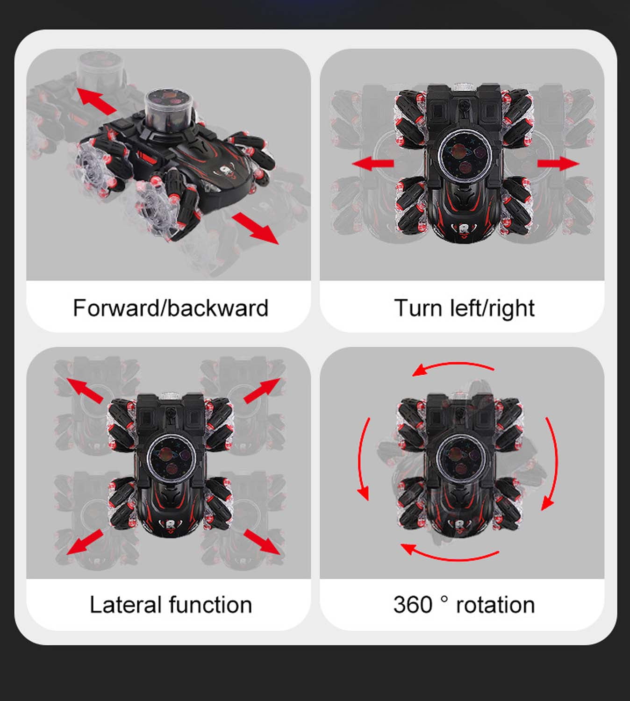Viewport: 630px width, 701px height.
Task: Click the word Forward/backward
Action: pos(171,308)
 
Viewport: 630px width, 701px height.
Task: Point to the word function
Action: pos(210,605)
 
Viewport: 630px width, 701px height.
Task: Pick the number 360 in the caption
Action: pos(413,605)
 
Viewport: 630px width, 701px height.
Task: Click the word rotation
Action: pos(495,606)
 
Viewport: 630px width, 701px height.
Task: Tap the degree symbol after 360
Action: pos(444,599)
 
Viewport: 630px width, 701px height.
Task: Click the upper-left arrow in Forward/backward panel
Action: pos(96,101)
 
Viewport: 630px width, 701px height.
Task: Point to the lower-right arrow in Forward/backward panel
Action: pos(255,228)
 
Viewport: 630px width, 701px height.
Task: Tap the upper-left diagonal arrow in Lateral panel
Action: pos(85,391)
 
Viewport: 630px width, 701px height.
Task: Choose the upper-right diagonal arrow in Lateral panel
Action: pos(262,391)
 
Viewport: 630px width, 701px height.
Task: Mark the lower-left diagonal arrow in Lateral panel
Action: pos(85,542)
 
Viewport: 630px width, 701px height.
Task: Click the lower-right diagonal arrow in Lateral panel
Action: pos(262,542)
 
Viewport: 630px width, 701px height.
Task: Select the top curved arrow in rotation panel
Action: pos(453,364)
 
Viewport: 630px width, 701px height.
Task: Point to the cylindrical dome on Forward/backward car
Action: pos(170,110)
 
